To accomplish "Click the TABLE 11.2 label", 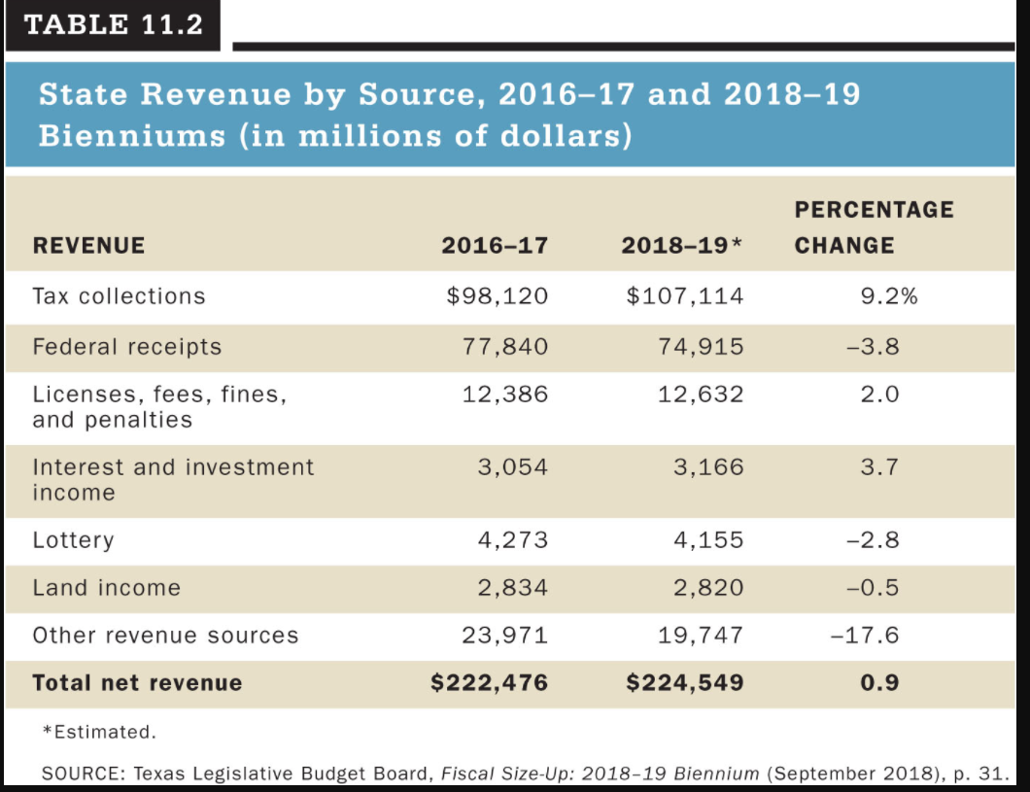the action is tap(114, 25).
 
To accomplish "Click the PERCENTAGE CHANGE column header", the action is tap(874, 227).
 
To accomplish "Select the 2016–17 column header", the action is tap(495, 246).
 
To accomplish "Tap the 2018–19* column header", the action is tap(682, 246).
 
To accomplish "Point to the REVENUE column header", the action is tap(88, 246).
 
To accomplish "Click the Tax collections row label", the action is tap(119, 296).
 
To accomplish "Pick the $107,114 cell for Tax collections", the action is tap(684, 296).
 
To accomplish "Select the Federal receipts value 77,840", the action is tap(504, 347).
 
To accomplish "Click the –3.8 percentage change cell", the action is tap(873, 347).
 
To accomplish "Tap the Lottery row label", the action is tap(73, 540).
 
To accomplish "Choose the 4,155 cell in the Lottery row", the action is tap(708, 540).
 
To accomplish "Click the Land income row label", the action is tap(107, 588).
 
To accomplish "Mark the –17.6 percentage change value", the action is tap(865, 636).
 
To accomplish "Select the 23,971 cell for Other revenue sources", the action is tap(504, 636).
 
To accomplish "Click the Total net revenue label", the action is tap(137, 683).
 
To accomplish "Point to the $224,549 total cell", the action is tap(684, 683).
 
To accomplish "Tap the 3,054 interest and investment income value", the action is tap(512, 467).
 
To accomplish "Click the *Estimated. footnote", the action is tap(99, 732).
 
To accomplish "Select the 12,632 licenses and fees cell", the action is tap(701, 395).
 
